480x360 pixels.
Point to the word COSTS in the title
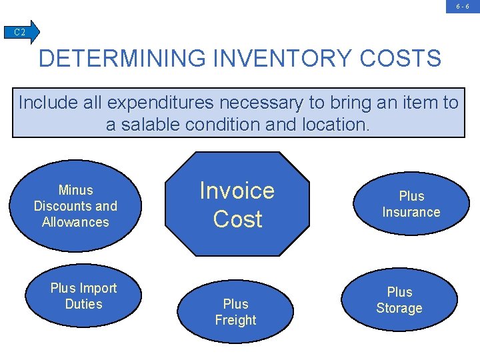coord(400,59)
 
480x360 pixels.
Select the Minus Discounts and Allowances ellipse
coord(75,206)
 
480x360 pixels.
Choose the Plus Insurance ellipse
coord(411,204)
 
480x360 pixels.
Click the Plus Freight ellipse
coord(235,312)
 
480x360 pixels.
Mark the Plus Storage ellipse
coord(399,300)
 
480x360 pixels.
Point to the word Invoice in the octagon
coord(237,191)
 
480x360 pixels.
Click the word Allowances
coord(75,222)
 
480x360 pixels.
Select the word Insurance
coord(411,212)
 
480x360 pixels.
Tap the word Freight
coord(235,320)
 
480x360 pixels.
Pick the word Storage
coord(399,308)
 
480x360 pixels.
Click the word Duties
coord(83,304)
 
